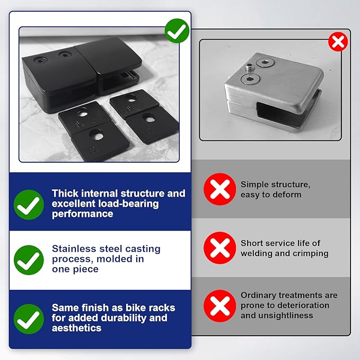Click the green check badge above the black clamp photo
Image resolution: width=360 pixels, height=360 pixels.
pyautogui.click(x=177, y=31)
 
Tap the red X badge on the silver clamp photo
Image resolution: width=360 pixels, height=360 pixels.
pyautogui.click(x=338, y=42)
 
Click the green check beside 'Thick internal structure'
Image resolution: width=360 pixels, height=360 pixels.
pyautogui.click(x=29, y=205)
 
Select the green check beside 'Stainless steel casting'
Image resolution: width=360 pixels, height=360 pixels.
pyautogui.click(x=29, y=260)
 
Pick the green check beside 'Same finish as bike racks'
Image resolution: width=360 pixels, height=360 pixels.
pyautogui.click(x=29, y=319)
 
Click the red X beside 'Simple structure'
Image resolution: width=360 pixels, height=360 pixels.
pyautogui.click(x=219, y=189)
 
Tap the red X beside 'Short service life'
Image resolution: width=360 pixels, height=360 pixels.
pyautogui.click(x=219, y=248)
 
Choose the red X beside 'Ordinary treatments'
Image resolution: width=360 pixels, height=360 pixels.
pyautogui.click(x=219, y=306)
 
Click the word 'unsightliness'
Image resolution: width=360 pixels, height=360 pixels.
pyautogui.click(x=285, y=315)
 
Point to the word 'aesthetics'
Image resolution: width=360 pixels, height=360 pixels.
pyautogui.click(x=77, y=328)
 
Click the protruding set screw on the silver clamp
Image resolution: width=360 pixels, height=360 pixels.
pyautogui.click(x=249, y=67)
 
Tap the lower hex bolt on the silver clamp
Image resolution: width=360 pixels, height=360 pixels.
pyautogui.click(x=250, y=79)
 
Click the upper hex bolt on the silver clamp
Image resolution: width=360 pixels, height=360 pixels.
pyautogui.click(x=265, y=63)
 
